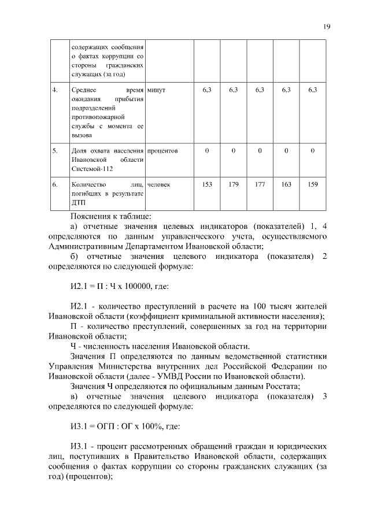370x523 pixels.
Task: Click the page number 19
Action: click(x=327, y=26)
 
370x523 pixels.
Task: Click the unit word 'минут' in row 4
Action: click(x=157, y=91)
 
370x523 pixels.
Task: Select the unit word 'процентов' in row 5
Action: click(x=162, y=151)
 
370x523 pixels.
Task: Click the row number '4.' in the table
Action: click(x=55, y=91)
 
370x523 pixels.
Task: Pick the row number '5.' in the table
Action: click(x=55, y=151)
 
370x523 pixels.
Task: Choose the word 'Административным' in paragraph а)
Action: click(x=88, y=246)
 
